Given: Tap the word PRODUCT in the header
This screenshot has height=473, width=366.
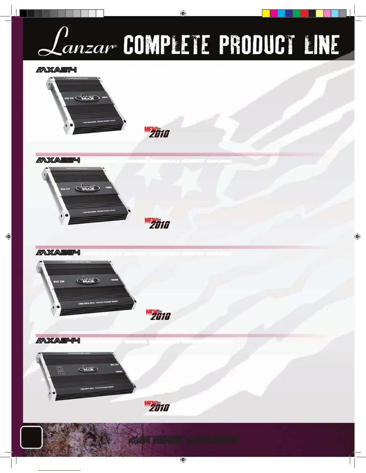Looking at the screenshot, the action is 257,45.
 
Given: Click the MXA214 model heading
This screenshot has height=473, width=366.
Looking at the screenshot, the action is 56,70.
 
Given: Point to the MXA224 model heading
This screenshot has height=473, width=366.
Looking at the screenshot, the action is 58,161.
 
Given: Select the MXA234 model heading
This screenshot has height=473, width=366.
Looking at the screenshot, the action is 58,253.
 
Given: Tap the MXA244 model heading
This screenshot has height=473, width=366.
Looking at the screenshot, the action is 58,341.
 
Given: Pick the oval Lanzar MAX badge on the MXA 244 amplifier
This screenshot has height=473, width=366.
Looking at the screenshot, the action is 88,369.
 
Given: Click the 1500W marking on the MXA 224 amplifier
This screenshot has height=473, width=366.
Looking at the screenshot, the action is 109,188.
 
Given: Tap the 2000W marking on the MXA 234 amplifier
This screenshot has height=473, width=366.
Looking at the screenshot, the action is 115,280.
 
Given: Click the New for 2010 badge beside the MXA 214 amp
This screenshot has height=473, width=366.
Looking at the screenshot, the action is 157,132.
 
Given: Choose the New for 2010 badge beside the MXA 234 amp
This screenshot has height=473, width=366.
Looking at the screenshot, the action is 158,315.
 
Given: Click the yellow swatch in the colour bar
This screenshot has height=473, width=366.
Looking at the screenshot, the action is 266,13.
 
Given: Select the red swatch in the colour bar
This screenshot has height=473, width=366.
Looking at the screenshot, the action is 304,13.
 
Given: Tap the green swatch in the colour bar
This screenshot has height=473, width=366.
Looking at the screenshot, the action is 297,13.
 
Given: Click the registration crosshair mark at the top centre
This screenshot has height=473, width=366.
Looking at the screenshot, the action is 183,13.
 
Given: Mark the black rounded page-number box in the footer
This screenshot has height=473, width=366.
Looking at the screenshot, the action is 31,437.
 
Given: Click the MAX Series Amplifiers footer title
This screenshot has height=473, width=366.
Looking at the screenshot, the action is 184,440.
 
